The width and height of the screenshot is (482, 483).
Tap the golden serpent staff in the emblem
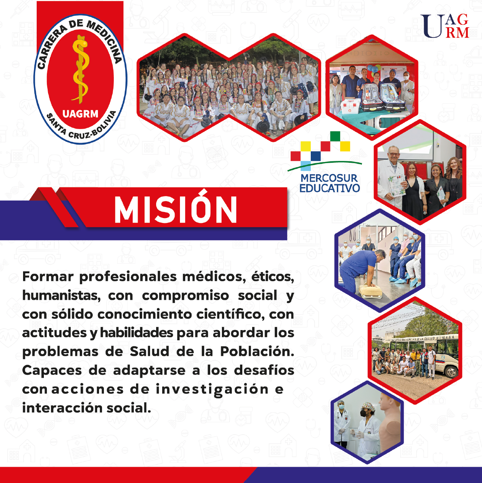pos(81,69)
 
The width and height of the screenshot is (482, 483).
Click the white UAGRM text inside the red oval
pos(80,114)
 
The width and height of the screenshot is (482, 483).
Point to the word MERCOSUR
pos(329,178)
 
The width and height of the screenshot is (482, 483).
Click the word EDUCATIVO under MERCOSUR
pos(330,188)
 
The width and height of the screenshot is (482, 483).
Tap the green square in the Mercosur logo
pos(335,136)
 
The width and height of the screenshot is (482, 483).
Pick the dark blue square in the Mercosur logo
pos(316,156)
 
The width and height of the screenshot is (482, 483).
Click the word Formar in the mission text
pos(48,276)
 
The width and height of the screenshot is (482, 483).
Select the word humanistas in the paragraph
pos(61,295)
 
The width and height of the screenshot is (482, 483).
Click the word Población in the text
pos(257,351)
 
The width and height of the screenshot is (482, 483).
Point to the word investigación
pos(212,390)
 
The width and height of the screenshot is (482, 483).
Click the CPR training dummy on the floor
pos(370,291)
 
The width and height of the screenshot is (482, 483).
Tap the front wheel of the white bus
pos(451,372)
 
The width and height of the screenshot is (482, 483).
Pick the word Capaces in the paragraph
pos(52,371)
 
